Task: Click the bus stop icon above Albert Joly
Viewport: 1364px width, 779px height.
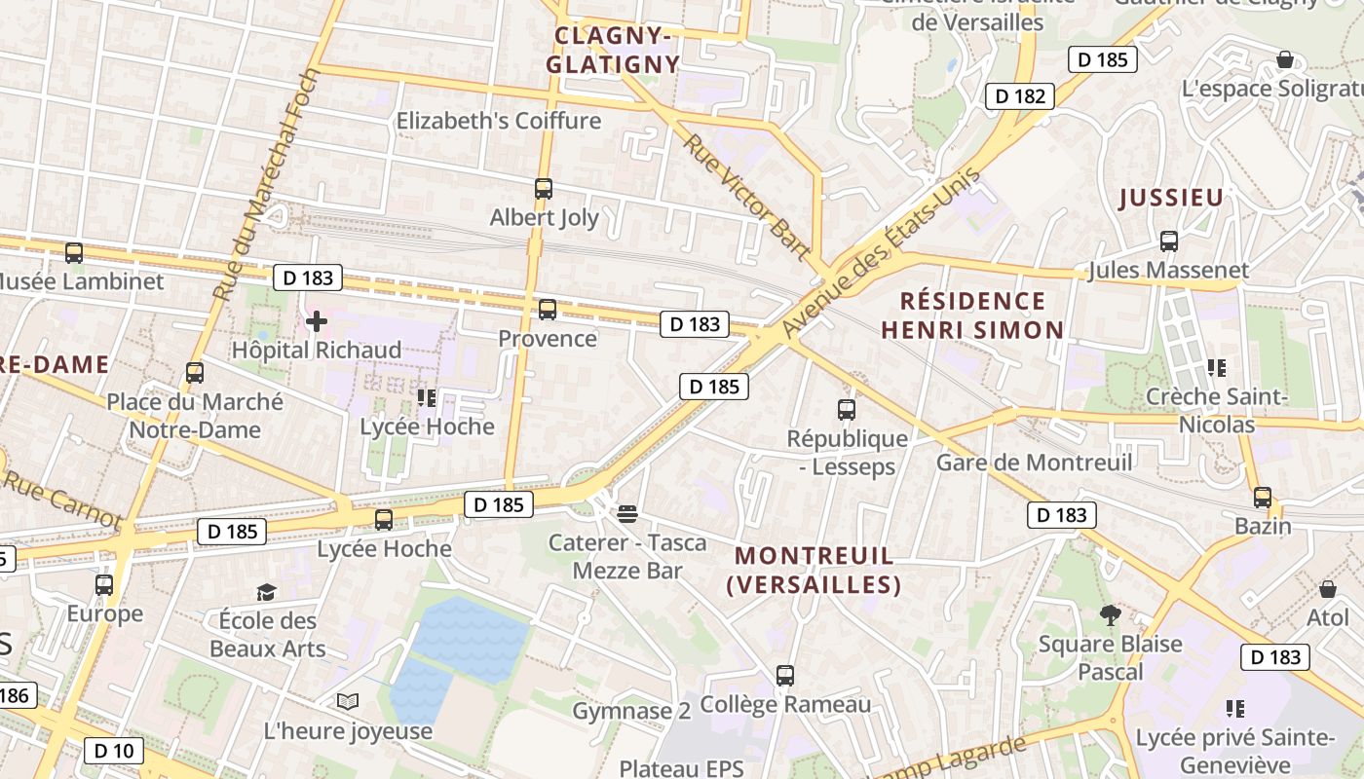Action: [544, 189]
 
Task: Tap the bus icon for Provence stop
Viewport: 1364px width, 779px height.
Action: [548, 310]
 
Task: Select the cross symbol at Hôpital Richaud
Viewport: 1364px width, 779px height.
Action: [317, 320]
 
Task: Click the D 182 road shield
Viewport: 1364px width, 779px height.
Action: [1020, 95]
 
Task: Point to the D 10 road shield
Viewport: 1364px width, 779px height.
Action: [114, 751]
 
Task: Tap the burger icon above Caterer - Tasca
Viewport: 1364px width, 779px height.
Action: [627, 513]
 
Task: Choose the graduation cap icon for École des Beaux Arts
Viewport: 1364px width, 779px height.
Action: [266, 592]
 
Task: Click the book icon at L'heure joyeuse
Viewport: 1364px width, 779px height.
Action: [348, 701]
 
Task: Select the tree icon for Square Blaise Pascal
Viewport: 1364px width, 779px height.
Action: [1109, 615]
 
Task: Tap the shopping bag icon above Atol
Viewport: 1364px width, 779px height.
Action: [1327, 589]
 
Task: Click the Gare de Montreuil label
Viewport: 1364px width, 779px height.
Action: [1034, 462]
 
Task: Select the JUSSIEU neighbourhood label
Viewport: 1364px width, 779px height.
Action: [1170, 199]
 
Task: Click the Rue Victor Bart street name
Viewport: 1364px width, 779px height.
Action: [746, 197]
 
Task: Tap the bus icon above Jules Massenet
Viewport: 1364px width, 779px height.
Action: [1169, 241]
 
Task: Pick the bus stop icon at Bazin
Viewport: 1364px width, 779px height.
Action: [1263, 498]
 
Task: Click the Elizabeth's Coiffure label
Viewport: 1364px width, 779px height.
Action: [498, 121]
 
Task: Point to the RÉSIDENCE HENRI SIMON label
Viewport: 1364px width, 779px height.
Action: [971, 315]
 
